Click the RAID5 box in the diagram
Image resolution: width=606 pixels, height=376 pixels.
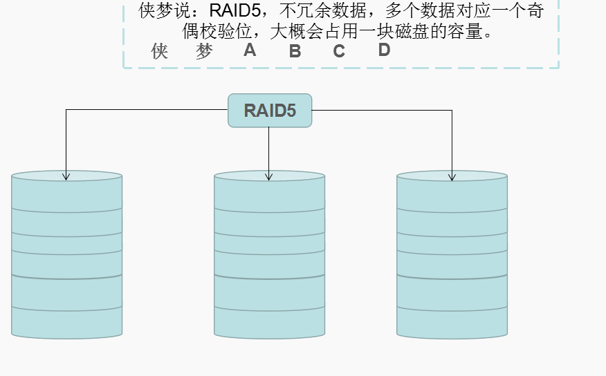tap(270, 111)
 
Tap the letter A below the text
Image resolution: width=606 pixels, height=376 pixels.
tap(250, 50)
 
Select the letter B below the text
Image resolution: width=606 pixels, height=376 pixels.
tap(295, 51)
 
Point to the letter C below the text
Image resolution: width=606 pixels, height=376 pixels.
tap(339, 51)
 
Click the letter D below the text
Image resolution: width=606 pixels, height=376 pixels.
tap(384, 50)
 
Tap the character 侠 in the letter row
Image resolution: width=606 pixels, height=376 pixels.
tap(160, 51)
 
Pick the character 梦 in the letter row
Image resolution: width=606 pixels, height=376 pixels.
tap(204, 51)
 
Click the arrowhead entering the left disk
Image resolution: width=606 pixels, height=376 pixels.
tap(66, 176)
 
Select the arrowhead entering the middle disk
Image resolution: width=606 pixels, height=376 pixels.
tap(269, 176)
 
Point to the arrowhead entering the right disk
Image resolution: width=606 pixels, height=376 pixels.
tap(452, 176)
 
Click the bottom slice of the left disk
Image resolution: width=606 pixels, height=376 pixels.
tap(66, 322)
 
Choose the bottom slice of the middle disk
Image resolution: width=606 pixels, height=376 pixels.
tap(269, 322)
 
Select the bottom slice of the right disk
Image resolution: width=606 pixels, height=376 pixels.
tap(452, 322)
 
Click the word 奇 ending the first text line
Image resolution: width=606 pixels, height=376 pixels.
tap(534, 12)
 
